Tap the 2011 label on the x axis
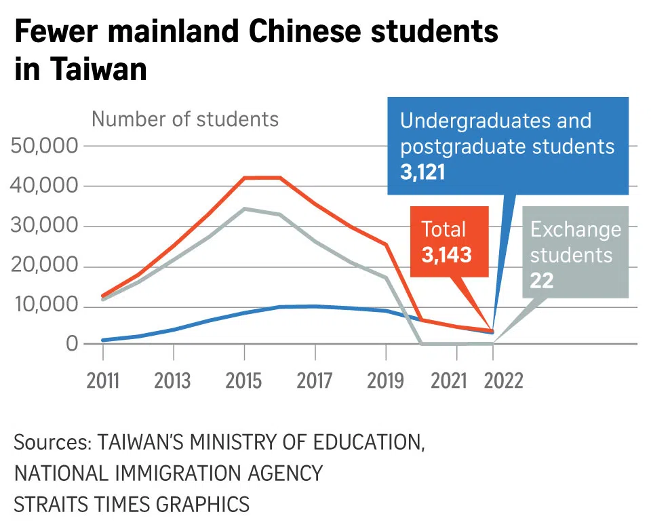102,381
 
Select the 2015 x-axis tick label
244,381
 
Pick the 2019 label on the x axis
386,381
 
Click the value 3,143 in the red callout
446,255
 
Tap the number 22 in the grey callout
542,280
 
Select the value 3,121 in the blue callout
422,172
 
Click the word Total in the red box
443,229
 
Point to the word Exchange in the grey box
575,229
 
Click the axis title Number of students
185,119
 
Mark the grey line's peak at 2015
244,209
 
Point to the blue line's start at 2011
102,340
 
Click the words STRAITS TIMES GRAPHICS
132,504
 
